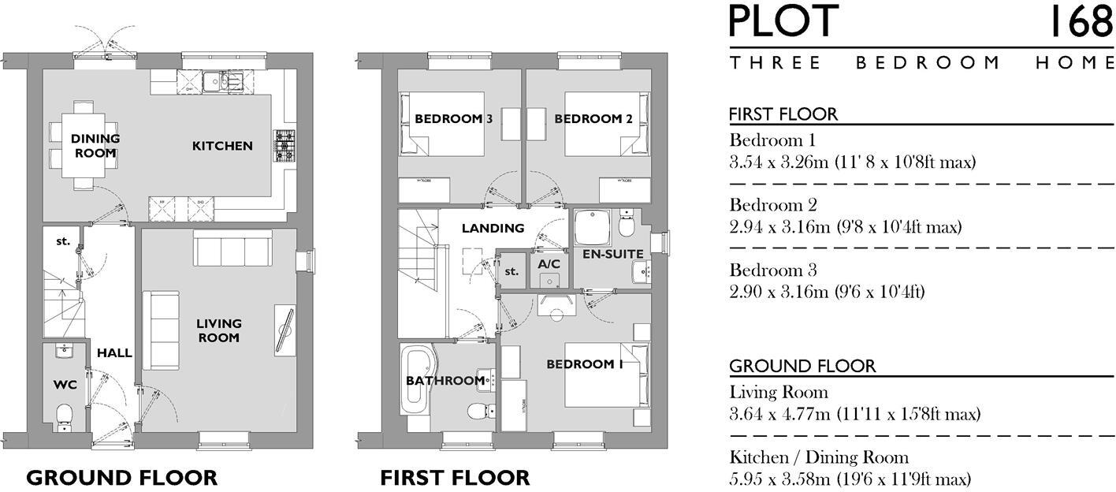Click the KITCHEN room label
point(222,146)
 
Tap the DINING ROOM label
point(95,146)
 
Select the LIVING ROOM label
point(218,330)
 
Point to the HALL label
point(114,353)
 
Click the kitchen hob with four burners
point(284,145)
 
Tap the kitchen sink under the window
point(222,80)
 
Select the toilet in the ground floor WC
point(65,416)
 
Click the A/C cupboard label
point(549,264)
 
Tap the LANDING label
point(493,229)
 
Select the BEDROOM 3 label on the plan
point(453,119)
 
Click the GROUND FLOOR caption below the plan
point(121,477)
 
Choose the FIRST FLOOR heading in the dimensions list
point(783,114)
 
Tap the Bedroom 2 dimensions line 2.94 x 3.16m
point(845,228)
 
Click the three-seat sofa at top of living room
point(232,252)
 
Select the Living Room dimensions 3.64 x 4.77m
point(854,414)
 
